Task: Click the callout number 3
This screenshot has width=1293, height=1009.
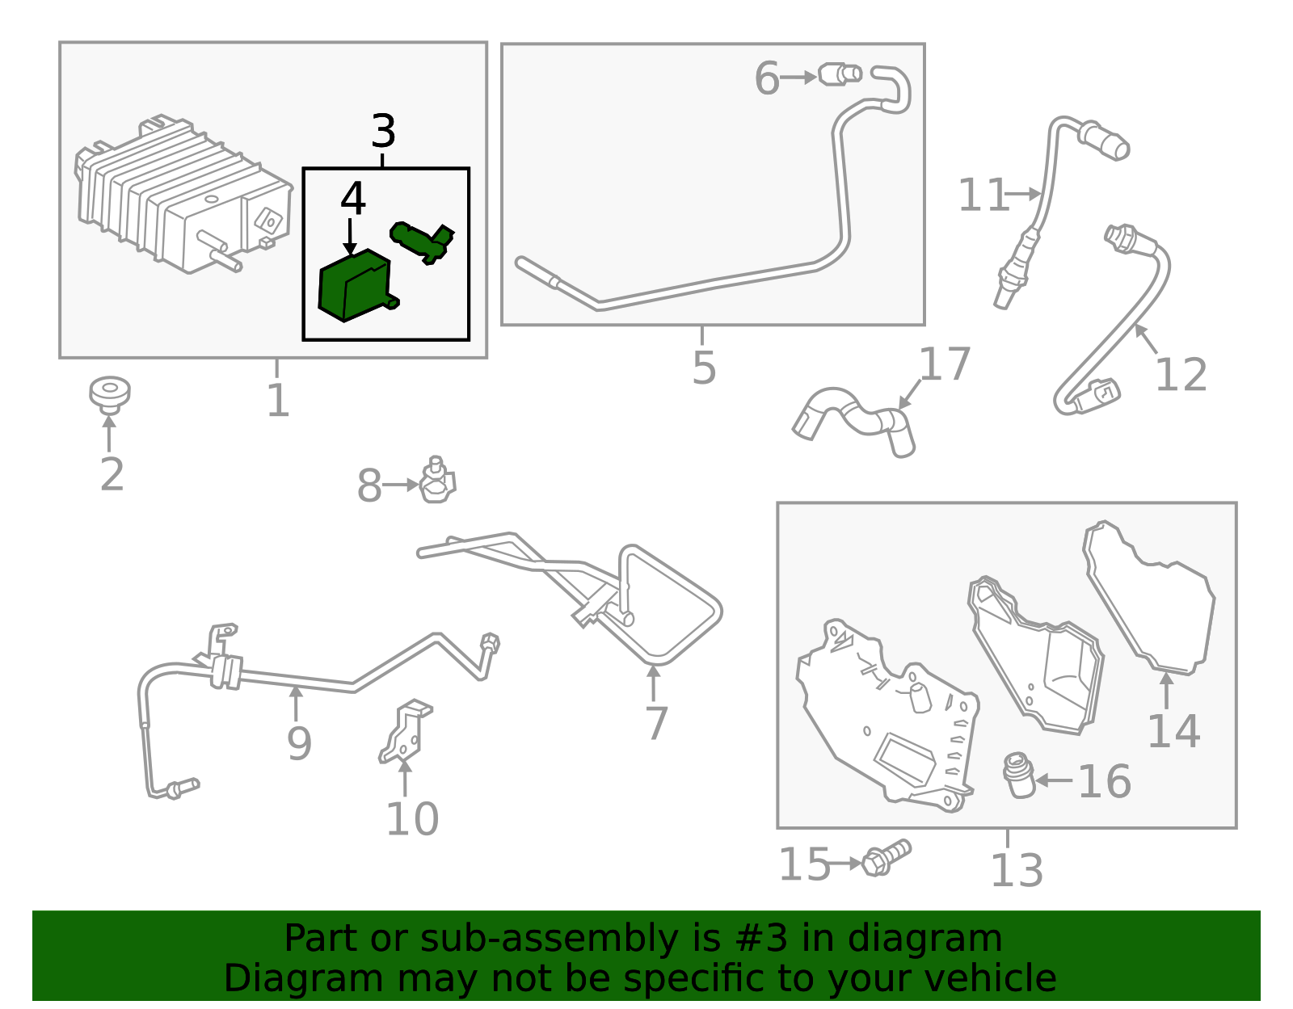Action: tap(383, 131)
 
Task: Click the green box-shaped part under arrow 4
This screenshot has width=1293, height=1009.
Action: tap(358, 285)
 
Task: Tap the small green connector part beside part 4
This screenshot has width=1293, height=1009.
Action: tap(422, 242)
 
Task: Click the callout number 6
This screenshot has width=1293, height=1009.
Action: tap(766, 78)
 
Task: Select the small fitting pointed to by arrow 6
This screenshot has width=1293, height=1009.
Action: tap(840, 74)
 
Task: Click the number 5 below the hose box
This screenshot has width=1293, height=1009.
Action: tap(704, 368)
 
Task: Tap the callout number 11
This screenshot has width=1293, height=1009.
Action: tap(983, 195)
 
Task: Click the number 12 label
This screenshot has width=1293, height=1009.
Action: tap(1181, 374)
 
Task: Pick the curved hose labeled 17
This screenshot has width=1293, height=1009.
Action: tap(854, 422)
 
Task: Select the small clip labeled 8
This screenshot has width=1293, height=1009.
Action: tap(437, 480)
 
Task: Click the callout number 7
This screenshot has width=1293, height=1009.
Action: tap(656, 722)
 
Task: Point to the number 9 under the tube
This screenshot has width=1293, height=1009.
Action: tap(299, 743)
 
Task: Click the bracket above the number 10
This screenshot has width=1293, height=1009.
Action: tap(405, 732)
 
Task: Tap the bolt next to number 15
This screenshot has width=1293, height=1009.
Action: tap(886, 857)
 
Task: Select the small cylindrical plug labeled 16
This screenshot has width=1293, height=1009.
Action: tap(1019, 775)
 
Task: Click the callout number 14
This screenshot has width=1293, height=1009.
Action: tap(1173, 731)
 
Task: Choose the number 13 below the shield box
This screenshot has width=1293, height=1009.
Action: tap(1017, 871)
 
